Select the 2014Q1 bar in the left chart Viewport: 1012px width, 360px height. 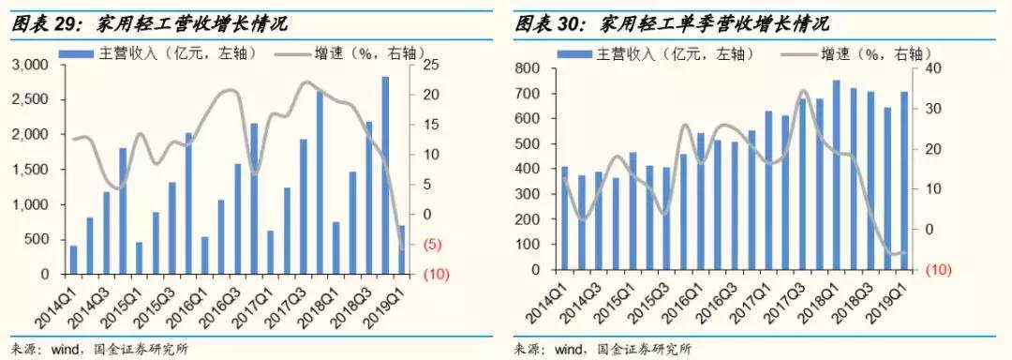pos(73,260)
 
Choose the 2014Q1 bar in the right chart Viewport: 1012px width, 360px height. pos(564,217)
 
